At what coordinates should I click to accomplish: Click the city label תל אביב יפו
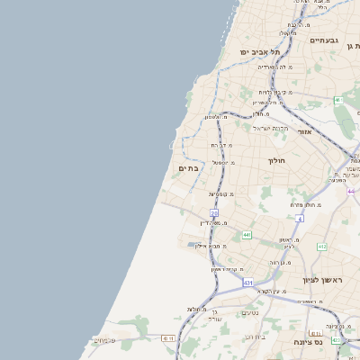click(x=258, y=52)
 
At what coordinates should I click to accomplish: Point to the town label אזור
click(x=304, y=131)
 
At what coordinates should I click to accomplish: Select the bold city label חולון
click(x=275, y=160)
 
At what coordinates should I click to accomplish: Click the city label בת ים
click(x=188, y=167)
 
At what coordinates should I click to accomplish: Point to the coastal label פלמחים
click(x=105, y=339)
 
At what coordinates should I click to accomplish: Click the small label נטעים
click(x=250, y=312)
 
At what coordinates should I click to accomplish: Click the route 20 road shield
click(x=214, y=212)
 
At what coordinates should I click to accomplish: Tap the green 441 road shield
click(x=247, y=234)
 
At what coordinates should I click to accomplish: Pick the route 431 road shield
click(x=247, y=283)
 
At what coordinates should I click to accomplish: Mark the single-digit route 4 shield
click(x=299, y=218)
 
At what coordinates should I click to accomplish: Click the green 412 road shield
click(x=322, y=246)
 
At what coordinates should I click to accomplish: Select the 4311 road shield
click(x=167, y=338)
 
